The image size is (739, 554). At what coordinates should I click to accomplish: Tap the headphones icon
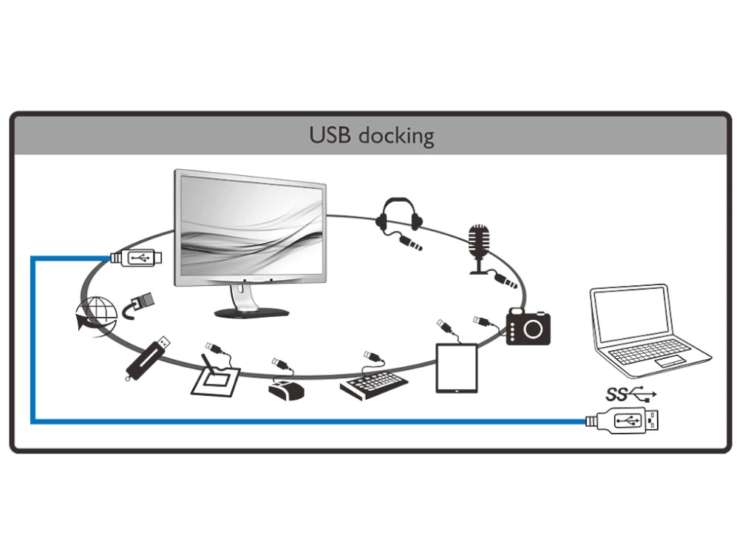399,214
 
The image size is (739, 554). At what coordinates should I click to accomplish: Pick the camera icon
528,327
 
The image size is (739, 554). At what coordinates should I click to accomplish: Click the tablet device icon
457,367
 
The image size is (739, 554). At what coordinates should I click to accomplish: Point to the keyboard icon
374,383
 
